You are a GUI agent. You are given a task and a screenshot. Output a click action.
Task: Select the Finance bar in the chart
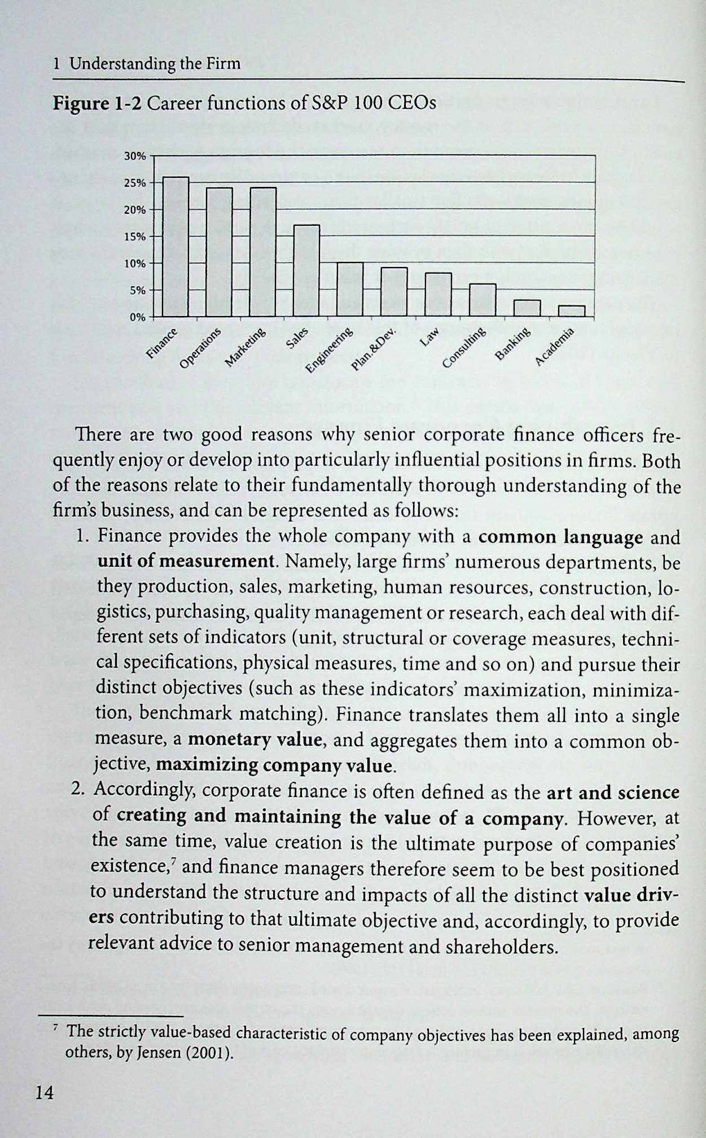click(x=176, y=247)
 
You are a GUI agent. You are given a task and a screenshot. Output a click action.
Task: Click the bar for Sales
click(x=306, y=270)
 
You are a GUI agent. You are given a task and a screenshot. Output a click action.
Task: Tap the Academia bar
click(x=571, y=311)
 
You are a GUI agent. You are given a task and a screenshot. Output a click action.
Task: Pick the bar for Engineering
click(x=350, y=289)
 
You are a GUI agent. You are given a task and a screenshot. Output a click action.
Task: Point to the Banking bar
click(x=527, y=308)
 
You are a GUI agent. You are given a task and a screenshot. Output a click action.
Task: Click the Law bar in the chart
click(x=438, y=294)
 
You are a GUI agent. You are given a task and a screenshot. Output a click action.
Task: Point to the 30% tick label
click(x=135, y=156)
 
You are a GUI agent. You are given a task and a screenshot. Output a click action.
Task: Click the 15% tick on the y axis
click(x=135, y=237)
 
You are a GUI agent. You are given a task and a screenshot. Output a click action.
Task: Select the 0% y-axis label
click(x=138, y=317)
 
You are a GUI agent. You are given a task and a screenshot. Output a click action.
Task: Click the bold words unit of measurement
click(x=186, y=562)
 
